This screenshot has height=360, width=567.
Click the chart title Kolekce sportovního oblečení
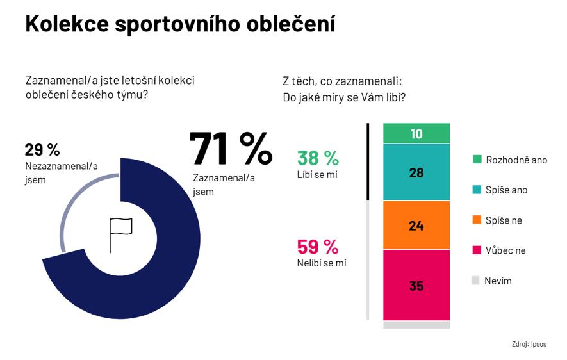(x=180, y=24)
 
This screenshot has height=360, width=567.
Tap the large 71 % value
(x=231, y=149)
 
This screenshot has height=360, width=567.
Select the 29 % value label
(x=42, y=150)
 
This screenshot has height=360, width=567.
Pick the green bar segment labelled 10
(x=416, y=134)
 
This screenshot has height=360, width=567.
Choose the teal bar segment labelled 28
(x=416, y=172)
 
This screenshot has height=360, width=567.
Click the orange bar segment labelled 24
(x=416, y=225)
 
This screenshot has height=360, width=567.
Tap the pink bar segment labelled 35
(x=416, y=286)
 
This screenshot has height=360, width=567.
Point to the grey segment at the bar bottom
(x=416, y=325)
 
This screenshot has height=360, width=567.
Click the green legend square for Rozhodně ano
(x=477, y=160)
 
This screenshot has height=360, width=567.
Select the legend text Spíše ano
(x=507, y=190)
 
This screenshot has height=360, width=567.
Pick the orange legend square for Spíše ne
(x=477, y=220)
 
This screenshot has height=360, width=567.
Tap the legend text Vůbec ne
(x=505, y=250)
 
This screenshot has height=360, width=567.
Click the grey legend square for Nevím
(x=475, y=281)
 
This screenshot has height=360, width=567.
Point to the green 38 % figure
(x=318, y=158)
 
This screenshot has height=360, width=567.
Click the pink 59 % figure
(x=318, y=247)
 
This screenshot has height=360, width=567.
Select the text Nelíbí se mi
(x=322, y=263)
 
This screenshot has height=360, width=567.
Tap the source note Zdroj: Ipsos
(x=529, y=344)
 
